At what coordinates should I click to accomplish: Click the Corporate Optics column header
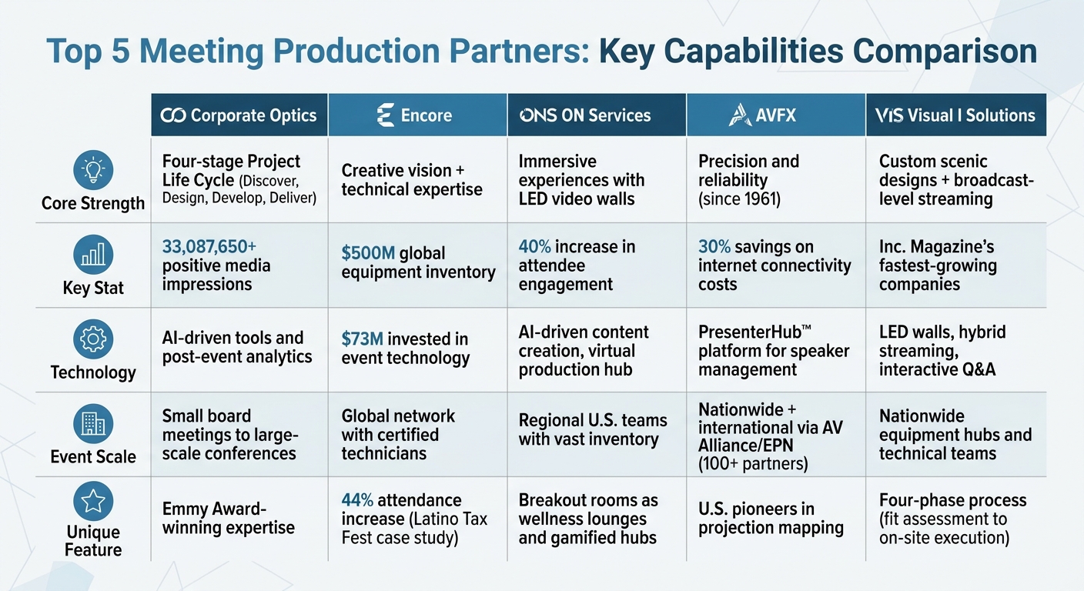tap(239, 115)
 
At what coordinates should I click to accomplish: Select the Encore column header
tap(417, 115)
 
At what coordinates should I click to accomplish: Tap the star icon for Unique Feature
tap(93, 502)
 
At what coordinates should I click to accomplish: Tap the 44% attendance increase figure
tap(358, 500)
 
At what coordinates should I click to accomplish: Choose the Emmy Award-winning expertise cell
tap(228, 518)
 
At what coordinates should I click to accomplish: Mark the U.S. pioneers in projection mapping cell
tap(771, 518)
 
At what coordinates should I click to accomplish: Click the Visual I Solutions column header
tap(955, 115)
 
